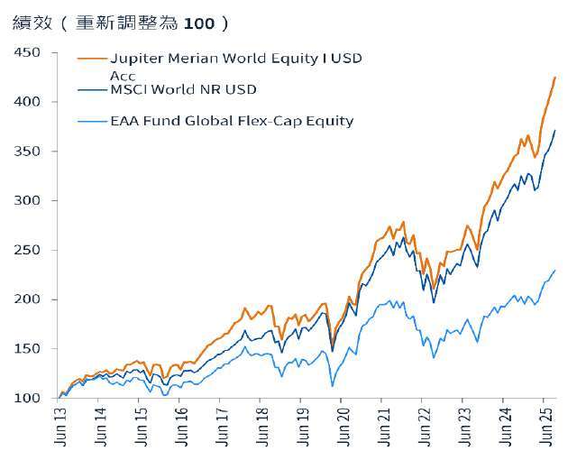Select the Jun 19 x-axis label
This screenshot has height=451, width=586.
(302, 425)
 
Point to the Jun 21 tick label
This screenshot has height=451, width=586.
(382, 425)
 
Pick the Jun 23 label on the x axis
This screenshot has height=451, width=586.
(462, 425)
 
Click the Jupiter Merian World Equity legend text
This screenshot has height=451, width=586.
(234, 59)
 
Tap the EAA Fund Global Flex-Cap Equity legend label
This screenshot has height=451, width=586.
(231, 120)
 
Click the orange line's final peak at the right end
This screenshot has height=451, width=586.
(555, 78)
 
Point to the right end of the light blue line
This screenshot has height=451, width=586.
(555, 270)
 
